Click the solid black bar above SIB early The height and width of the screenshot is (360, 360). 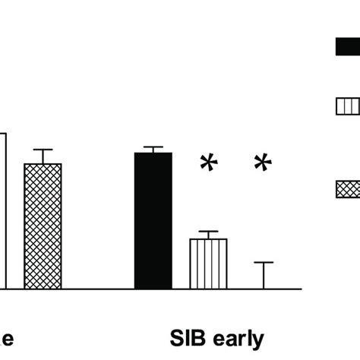tap(153, 220)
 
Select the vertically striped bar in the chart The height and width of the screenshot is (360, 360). tap(208, 264)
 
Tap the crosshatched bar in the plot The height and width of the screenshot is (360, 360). tap(43, 226)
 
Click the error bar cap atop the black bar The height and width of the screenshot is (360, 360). tap(153, 147)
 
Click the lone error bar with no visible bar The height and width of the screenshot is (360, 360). tap(264, 273)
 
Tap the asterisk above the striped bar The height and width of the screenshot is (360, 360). tap(207, 163)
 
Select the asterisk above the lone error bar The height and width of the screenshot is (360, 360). tap(263, 163)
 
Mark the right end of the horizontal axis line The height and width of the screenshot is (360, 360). tap(302, 289)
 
